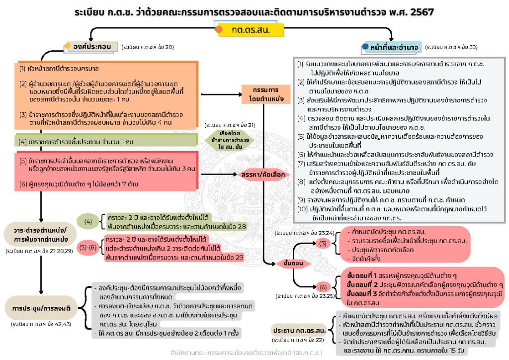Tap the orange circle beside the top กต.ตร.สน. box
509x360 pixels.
[x=219, y=30]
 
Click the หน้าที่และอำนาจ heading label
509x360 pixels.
[x=397, y=47]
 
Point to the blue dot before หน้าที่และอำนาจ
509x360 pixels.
[x=366, y=47]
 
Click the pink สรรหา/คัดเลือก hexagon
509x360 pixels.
[x=263, y=175]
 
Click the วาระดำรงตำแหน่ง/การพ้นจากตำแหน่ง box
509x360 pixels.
[x=39, y=234]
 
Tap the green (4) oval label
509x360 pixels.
[x=88, y=220]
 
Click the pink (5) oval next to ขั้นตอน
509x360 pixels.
[x=323, y=243]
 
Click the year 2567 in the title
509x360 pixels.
[x=423, y=10]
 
